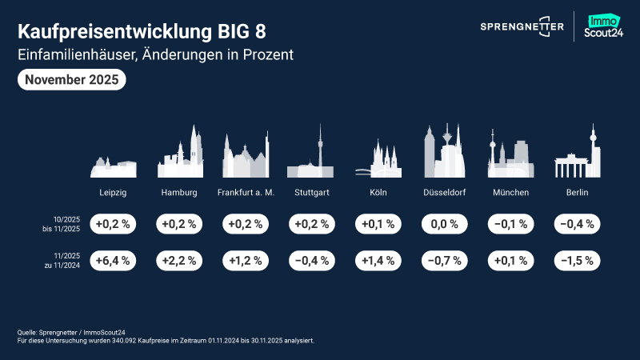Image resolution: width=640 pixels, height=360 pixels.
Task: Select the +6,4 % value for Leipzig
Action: (x=113, y=260)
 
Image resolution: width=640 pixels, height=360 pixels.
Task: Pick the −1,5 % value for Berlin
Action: (x=577, y=260)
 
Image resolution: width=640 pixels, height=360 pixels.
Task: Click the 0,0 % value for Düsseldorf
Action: (x=444, y=224)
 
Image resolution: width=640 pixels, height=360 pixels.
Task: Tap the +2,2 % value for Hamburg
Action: (x=179, y=260)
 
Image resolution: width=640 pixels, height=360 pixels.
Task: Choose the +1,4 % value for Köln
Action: (x=378, y=260)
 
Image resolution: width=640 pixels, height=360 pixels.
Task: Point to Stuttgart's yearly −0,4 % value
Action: (x=312, y=260)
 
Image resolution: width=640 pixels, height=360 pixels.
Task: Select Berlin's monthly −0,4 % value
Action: (x=577, y=224)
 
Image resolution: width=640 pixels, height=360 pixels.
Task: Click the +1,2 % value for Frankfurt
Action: (x=246, y=260)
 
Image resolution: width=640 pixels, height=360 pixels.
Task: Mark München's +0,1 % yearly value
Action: (x=510, y=260)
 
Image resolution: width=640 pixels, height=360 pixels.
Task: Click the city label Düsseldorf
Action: (x=444, y=194)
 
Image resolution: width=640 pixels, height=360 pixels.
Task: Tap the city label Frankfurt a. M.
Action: (x=246, y=194)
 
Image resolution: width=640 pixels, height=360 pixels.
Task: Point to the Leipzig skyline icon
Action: (x=113, y=166)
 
